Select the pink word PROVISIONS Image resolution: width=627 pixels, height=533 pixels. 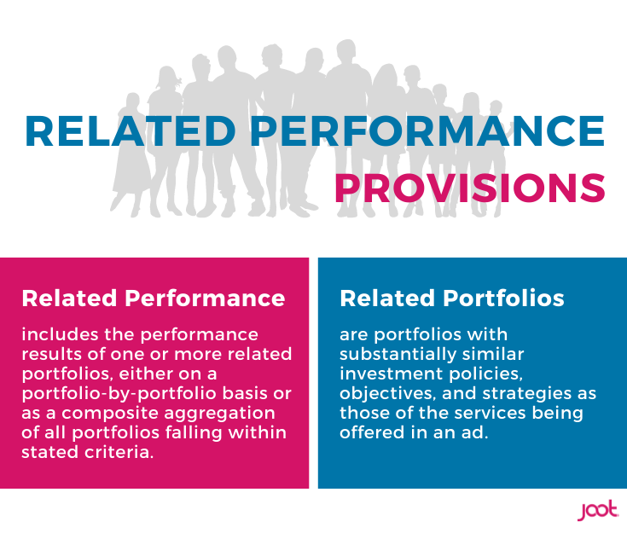(x=469, y=188)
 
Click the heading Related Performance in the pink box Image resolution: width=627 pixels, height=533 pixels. (x=154, y=298)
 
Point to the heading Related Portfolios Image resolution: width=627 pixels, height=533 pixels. (x=452, y=298)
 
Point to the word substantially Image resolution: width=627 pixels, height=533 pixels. (x=392, y=354)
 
